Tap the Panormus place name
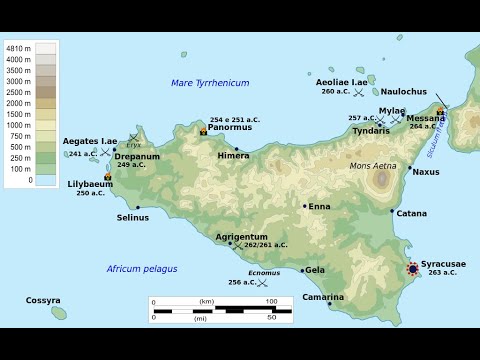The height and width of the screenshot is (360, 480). click(230, 128)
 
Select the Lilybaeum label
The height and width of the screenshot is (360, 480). click(91, 184)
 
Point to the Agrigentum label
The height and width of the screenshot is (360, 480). click(242, 236)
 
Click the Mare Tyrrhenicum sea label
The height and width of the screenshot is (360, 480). click(210, 83)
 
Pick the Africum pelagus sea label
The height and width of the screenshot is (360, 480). click(142, 269)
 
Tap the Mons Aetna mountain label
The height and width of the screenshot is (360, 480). click(372, 166)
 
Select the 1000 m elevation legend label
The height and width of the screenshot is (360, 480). click(18, 125)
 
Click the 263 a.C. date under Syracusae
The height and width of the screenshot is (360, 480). click(442, 272)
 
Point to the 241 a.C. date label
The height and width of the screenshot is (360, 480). click(83, 153)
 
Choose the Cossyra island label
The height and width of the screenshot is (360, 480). click(43, 300)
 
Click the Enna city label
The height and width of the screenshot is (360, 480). click(319, 206)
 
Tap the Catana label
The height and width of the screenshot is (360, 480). click(411, 213)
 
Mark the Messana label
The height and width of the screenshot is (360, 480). click(426, 117)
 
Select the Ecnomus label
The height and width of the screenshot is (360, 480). click(264, 273)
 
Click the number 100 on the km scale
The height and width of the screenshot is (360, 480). click(271, 301)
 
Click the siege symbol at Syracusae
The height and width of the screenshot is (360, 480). click(414, 268)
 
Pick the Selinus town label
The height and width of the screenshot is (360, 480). click(132, 217)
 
